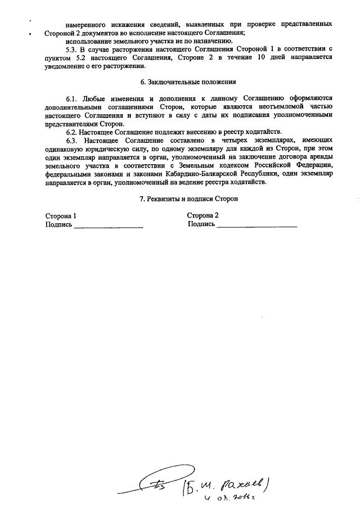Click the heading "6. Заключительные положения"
click(188, 82)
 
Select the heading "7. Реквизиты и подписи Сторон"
click(188, 199)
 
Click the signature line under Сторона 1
click(108, 226)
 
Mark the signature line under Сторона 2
click(256, 226)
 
